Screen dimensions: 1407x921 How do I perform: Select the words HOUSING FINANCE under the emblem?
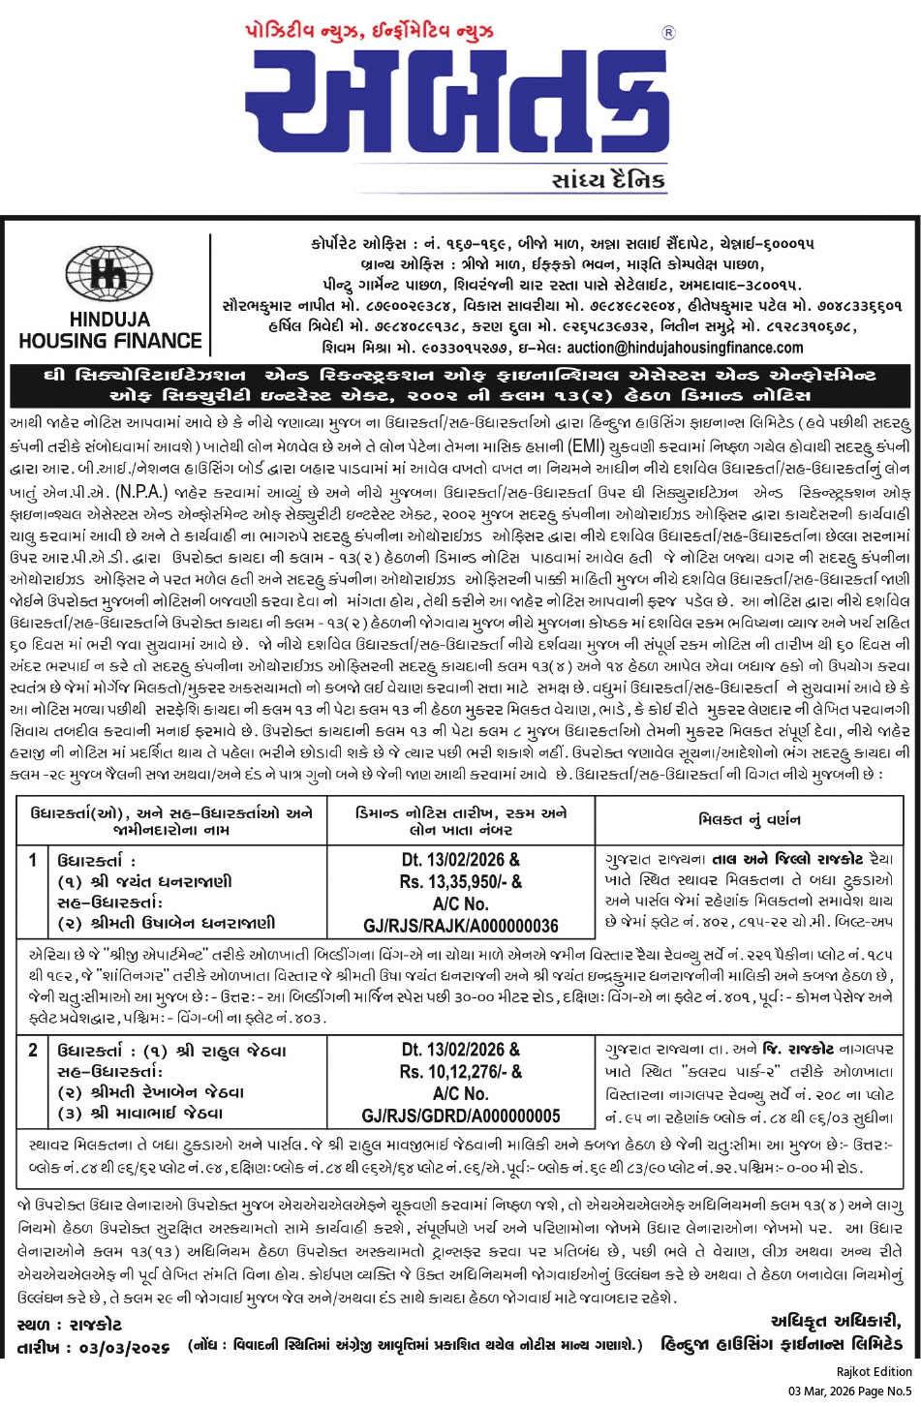[x=109, y=340]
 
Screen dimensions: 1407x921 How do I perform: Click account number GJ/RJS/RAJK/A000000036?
[x=460, y=926]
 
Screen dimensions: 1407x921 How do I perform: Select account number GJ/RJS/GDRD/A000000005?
[x=460, y=1116]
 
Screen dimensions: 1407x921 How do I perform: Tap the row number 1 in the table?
[x=33, y=860]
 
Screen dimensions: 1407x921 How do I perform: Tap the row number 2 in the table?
[x=33, y=1050]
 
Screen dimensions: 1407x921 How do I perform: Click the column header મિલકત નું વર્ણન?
[x=750, y=819]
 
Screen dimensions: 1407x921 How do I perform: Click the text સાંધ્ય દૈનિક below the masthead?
[x=608, y=181]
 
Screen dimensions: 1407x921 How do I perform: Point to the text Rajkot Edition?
[x=874, y=1371]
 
